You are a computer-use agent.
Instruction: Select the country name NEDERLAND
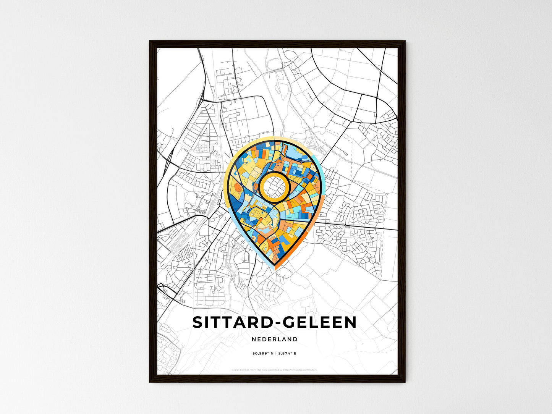point(275,339)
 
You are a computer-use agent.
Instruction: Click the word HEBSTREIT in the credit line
point(249,370)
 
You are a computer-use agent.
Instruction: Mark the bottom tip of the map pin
point(274,269)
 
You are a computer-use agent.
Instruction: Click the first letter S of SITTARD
point(197,322)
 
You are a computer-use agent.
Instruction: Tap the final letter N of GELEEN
point(350,322)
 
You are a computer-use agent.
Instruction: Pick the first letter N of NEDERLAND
point(254,339)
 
